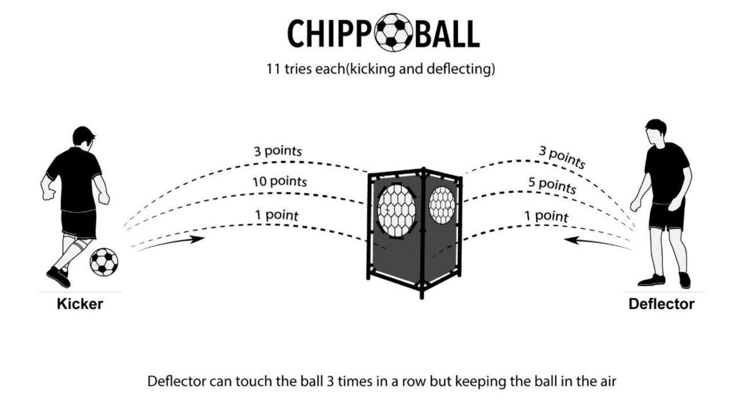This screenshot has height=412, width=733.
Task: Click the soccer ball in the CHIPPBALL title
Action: tap(393, 32)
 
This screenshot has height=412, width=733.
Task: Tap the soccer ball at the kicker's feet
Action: tap(104, 262)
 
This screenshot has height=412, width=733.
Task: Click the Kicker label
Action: tap(80, 304)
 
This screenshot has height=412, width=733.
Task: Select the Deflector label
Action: tap(661, 304)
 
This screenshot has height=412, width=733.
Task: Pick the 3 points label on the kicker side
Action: tap(277, 152)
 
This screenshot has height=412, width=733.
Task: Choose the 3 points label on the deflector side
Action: tap(561, 157)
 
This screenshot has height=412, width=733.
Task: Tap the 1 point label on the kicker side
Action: tap(276, 214)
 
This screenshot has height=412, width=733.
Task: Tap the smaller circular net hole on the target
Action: tap(442, 205)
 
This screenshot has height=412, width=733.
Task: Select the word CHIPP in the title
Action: tap(331, 33)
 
